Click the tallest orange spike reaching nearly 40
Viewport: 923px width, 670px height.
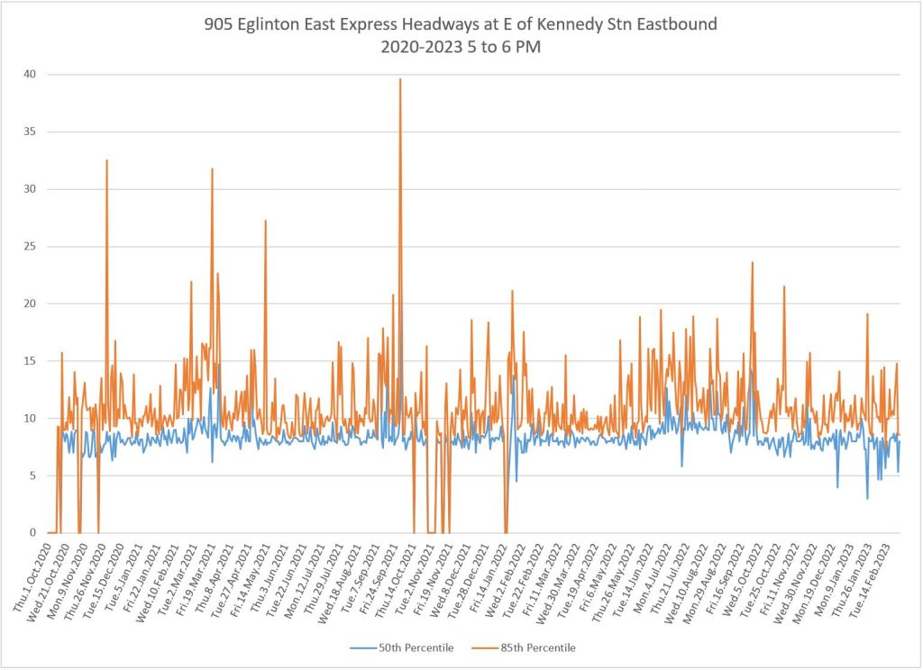click(400, 80)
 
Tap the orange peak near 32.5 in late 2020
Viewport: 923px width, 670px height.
click(106, 161)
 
